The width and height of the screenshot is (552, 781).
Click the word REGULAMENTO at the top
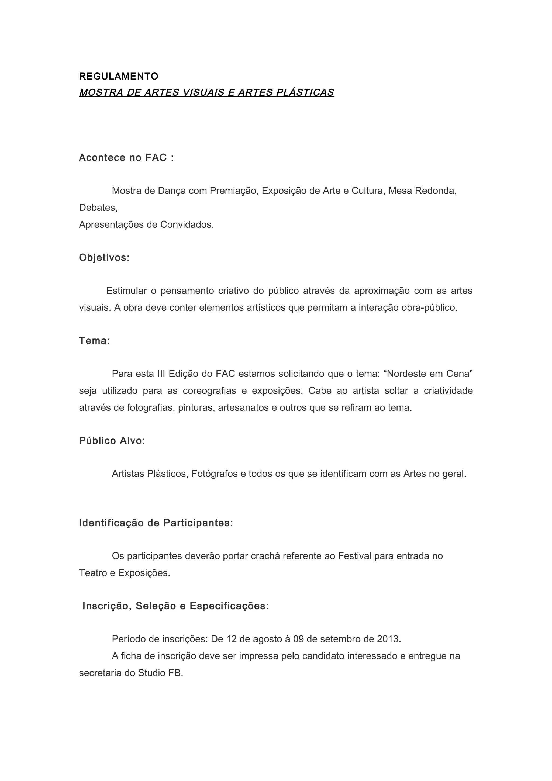pos(118,77)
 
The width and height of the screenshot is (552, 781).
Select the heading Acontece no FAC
pos(126,158)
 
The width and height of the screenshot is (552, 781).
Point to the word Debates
pos(98,208)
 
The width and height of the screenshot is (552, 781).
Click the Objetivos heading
pos(104,258)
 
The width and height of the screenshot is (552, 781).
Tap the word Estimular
pos(126,291)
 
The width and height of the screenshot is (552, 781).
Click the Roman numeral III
pos(161,374)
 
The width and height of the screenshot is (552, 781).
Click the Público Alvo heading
pos(112,441)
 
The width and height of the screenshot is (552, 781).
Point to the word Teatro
pos(92,573)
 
